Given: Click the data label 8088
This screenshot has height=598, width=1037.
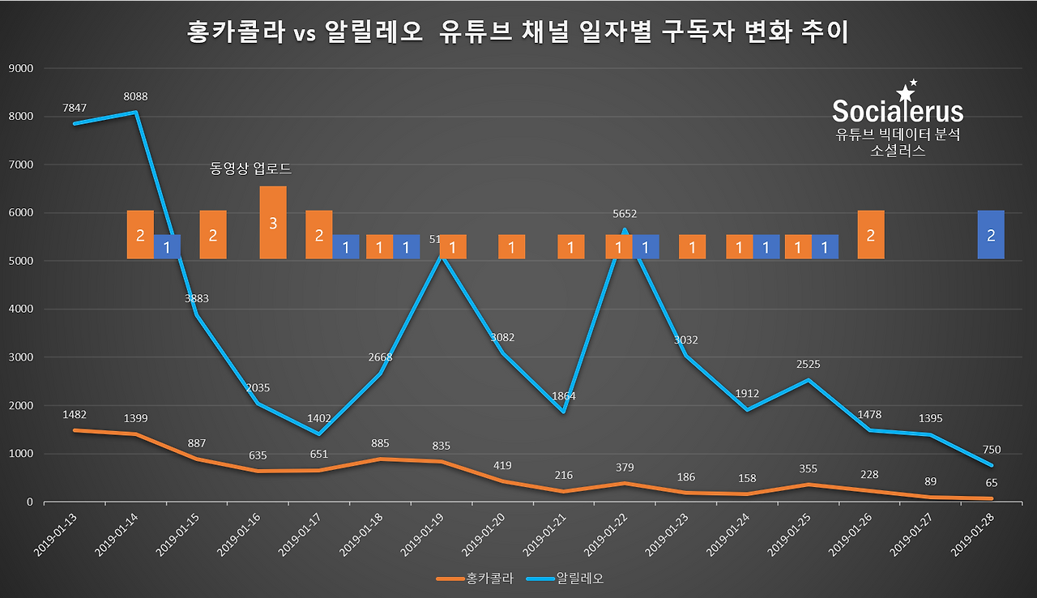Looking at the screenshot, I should click(x=135, y=96).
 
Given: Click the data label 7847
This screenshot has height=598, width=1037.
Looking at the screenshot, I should click(x=74, y=108).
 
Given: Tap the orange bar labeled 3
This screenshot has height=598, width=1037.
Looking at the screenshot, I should click(x=273, y=223).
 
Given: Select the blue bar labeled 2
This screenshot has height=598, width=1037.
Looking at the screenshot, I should click(x=991, y=235).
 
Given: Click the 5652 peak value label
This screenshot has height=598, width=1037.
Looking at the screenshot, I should click(x=624, y=214).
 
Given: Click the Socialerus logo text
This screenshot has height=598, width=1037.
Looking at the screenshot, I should click(x=898, y=111).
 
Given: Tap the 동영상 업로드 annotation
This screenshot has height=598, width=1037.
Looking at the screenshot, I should click(x=250, y=169).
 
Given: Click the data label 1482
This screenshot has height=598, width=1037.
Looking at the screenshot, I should click(x=74, y=414).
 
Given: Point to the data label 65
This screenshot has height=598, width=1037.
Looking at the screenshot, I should click(x=991, y=482).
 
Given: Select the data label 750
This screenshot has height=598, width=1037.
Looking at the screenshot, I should click(x=991, y=450).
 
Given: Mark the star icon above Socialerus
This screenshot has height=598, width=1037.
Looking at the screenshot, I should click(x=905, y=92).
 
